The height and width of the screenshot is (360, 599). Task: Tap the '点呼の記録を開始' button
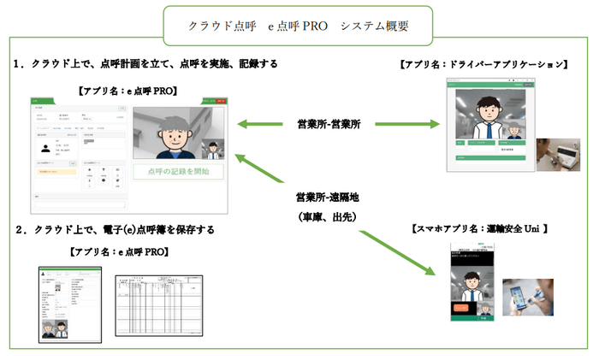click(x=178, y=171)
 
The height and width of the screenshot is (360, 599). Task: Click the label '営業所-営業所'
click(x=328, y=125)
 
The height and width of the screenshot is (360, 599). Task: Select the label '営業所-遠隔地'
click(x=328, y=198)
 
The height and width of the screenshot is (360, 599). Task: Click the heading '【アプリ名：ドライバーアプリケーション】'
click(x=483, y=65)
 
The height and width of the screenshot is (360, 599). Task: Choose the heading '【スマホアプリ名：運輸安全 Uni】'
click(x=480, y=228)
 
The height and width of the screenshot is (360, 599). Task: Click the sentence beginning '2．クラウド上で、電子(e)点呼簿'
click(x=116, y=230)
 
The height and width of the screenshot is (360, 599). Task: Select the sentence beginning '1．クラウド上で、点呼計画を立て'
click(x=146, y=65)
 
